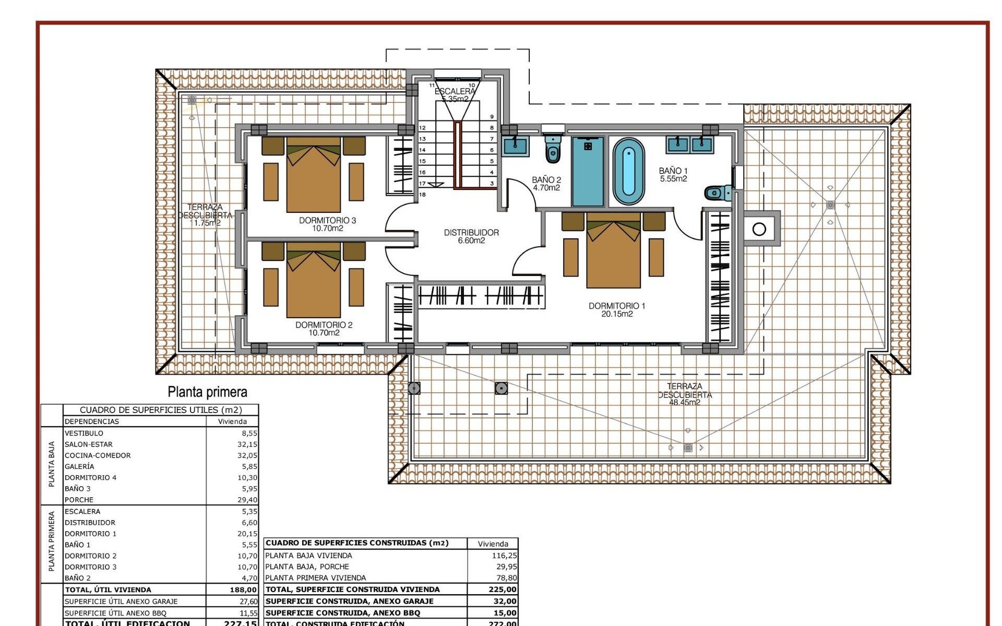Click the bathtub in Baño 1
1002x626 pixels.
tap(628, 172)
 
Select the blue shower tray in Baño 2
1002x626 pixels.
tap(588, 172)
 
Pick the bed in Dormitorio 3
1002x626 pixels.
tap(313, 175)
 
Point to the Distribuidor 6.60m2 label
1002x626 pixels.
tap(471, 236)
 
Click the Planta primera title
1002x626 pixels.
tap(207, 392)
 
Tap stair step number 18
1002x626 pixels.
tap(422, 195)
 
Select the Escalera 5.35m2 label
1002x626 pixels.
tap(455, 95)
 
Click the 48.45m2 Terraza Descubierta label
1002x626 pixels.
tap(684, 394)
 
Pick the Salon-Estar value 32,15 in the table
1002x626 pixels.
tap(247, 444)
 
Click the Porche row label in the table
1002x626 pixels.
tap(79, 500)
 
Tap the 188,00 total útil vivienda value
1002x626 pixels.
tap(243, 589)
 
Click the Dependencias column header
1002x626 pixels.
tap(92, 422)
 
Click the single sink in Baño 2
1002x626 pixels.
tap(516, 145)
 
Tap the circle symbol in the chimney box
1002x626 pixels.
tap(759, 229)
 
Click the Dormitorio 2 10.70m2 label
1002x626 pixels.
tap(324, 329)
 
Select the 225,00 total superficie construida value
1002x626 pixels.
tap(502, 589)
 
